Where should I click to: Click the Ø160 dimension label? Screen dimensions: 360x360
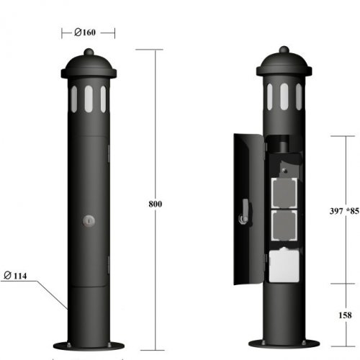[87, 32]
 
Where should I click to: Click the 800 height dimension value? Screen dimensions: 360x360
[155, 204]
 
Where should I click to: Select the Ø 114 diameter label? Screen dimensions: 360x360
[16, 275]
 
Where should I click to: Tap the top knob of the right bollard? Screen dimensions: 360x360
[284, 51]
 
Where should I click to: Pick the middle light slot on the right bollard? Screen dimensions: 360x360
[284, 96]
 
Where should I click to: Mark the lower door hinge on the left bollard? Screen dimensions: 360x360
[108, 266]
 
